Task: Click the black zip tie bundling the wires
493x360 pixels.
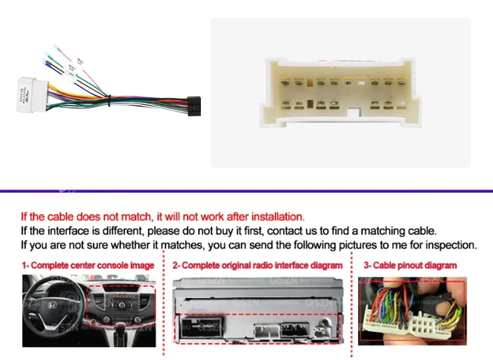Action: click(x=108, y=97)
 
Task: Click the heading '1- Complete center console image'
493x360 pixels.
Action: click(x=88, y=265)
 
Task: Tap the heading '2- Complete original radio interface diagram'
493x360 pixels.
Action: click(x=257, y=265)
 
